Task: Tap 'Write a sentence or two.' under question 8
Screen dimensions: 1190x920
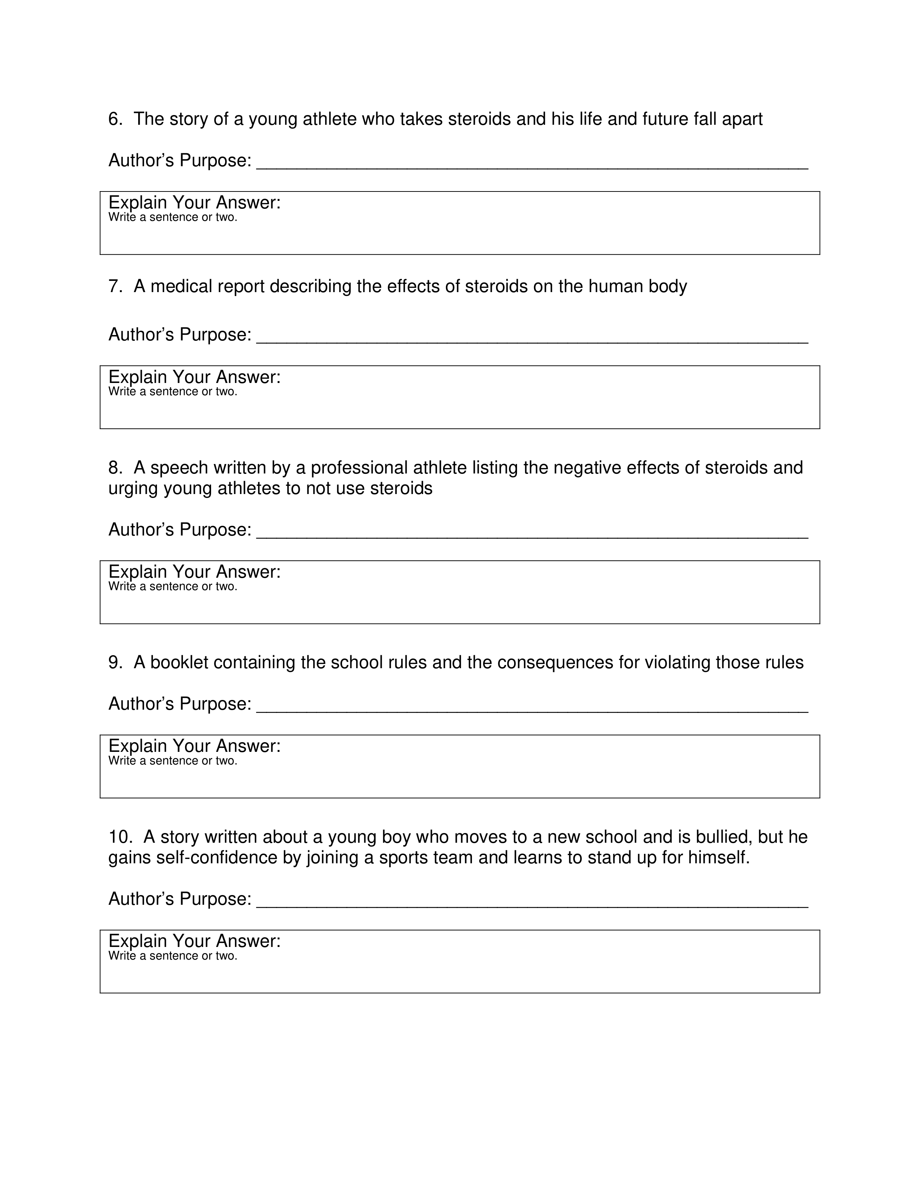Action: [x=173, y=587]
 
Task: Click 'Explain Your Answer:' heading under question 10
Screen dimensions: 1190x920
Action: [x=194, y=941]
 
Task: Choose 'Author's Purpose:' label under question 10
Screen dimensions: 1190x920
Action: [x=180, y=899]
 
